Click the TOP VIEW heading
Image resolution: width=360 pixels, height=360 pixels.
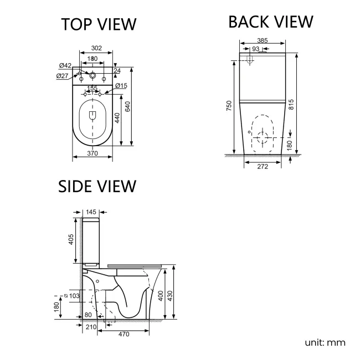click(x=99, y=24)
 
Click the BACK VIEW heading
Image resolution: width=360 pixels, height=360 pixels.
click(x=270, y=22)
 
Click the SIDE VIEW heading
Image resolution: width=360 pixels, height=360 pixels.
click(x=97, y=186)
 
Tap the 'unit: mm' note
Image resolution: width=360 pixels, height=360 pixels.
click(x=325, y=342)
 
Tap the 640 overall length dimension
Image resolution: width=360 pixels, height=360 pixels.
click(x=128, y=107)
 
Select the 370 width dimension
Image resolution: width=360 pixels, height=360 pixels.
click(x=92, y=153)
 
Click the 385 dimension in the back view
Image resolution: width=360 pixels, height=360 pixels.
click(x=263, y=40)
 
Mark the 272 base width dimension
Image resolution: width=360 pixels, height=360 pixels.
click(x=263, y=167)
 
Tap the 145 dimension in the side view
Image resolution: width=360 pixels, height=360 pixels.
click(x=92, y=212)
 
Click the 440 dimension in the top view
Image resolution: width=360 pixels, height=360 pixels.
click(x=116, y=117)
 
